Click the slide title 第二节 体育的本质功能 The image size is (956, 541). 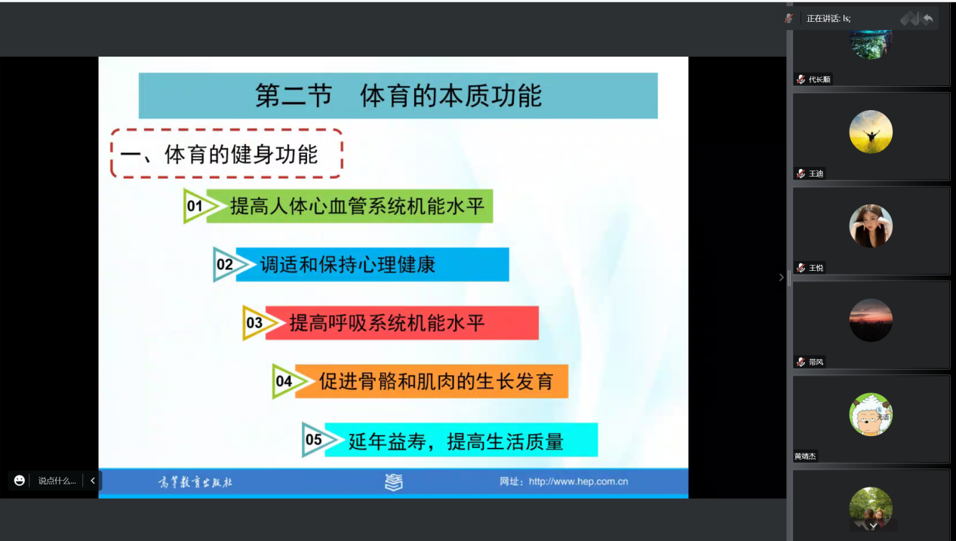(398, 96)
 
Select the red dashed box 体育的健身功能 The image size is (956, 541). (226, 154)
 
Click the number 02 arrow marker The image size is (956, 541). (230, 265)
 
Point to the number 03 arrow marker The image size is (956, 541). (260, 323)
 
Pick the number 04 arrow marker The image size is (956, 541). (289, 381)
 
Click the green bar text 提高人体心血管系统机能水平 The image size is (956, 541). (357, 206)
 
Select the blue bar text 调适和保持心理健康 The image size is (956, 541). (348, 265)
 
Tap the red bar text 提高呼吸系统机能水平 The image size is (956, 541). (387, 323)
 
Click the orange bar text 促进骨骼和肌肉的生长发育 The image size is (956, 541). (436, 381)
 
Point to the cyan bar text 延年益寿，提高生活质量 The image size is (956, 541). (456, 441)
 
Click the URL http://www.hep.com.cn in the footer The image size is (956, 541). (578, 481)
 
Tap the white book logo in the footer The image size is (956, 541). (394, 482)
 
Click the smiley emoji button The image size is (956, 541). (19, 481)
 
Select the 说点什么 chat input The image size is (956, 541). (57, 481)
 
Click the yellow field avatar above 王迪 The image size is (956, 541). (871, 131)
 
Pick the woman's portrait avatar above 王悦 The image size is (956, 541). (871, 226)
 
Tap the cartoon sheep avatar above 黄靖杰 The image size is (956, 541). (871, 414)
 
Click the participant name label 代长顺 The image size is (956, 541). (819, 79)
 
